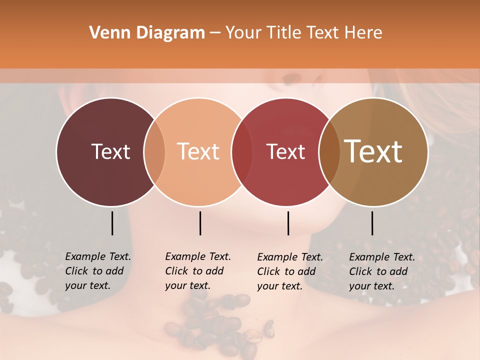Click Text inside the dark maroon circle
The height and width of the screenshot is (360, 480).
click(110, 151)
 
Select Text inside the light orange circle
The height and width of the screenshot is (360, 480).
click(198, 151)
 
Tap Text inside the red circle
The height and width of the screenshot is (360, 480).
click(286, 151)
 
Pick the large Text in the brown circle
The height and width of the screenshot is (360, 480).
click(373, 151)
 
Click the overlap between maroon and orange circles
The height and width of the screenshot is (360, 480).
click(154, 151)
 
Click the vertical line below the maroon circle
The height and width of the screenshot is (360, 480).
click(112, 223)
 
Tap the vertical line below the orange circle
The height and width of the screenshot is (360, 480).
click(200, 223)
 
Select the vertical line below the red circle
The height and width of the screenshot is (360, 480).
click(288, 223)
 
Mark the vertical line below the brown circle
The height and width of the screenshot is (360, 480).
click(372, 223)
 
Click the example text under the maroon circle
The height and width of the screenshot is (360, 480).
click(97, 271)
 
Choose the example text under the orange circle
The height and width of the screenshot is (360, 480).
click(197, 271)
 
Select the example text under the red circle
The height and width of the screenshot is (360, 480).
click(289, 271)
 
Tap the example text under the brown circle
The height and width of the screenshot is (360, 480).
click(381, 271)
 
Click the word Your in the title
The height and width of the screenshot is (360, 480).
click(243, 33)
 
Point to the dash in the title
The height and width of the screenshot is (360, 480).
click(215, 33)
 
